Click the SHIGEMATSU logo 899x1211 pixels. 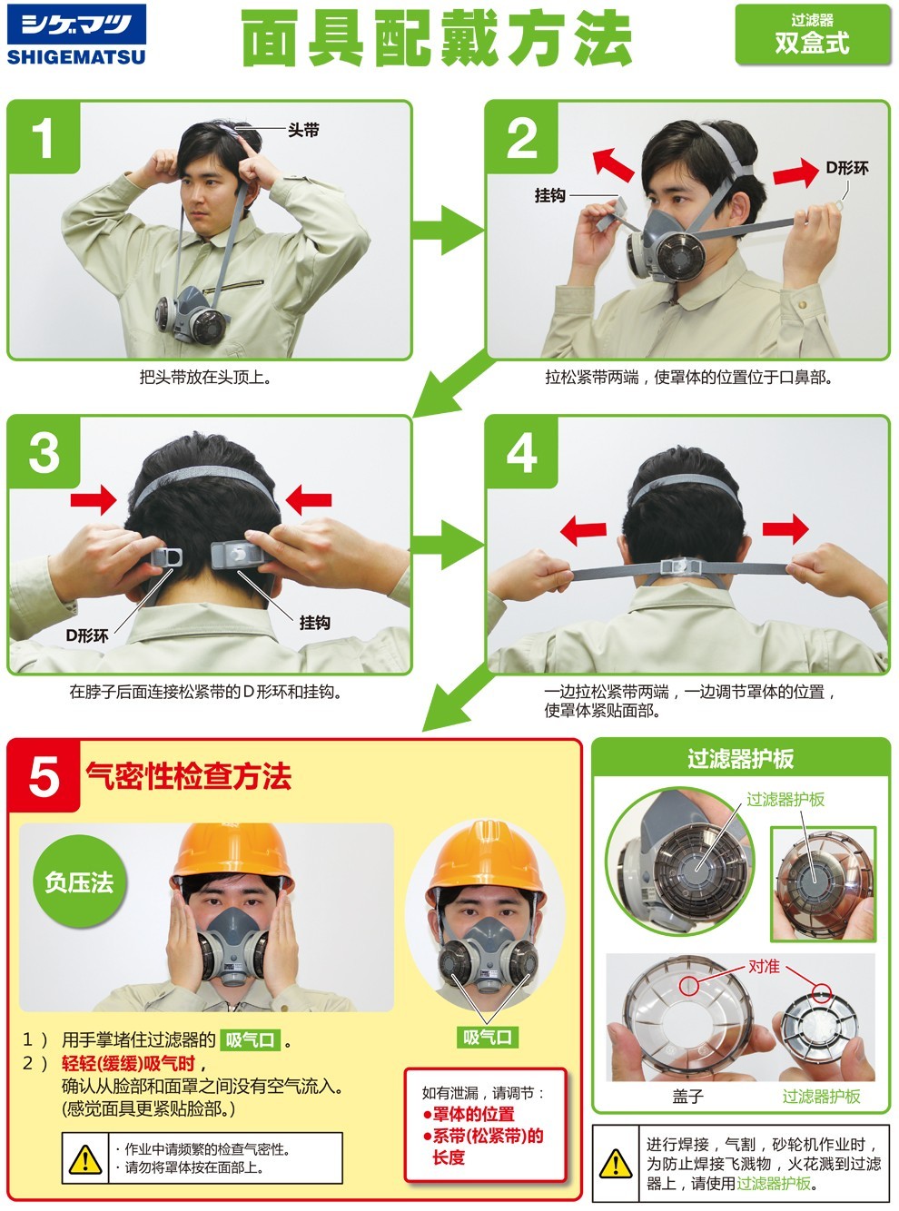pyautogui.click(x=75, y=35)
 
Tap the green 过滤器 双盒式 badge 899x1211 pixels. pyautogui.click(x=811, y=34)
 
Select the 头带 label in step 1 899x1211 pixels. pyautogui.click(x=303, y=130)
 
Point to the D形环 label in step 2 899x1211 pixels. pyautogui.click(x=846, y=168)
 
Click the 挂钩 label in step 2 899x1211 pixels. pyautogui.click(x=550, y=195)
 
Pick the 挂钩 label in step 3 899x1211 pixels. pyautogui.click(x=315, y=622)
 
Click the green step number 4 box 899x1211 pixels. pyautogui.click(x=521, y=452)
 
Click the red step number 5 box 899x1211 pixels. pyautogui.click(x=44, y=776)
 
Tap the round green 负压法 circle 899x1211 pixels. pyautogui.click(x=79, y=881)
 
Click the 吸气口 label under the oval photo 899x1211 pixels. pyautogui.click(x=488, y=1037)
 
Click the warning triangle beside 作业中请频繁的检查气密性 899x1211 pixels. pyautogui.click(x=85, y=1159)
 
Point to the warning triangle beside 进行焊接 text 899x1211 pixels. pyautogui.click(x=616, y=1163)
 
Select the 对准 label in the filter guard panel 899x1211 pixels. pyautogui.click(x=764, y=966)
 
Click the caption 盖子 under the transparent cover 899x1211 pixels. pyautogui.click(x=687, y=1096)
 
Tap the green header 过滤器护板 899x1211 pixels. pyautogui.click(x=740, y=759)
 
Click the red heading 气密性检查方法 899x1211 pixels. pyautogui.click(x=188, y=776)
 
